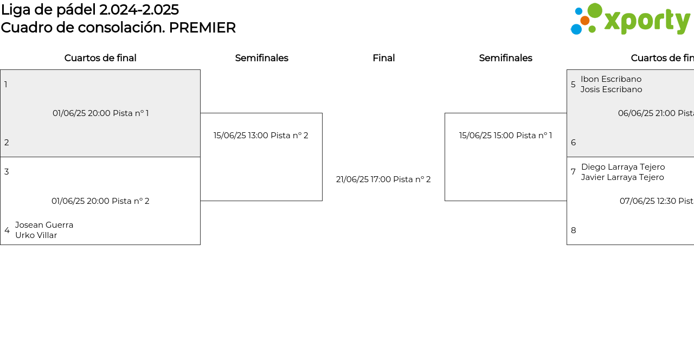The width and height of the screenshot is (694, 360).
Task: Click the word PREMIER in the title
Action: [x=202, y=28]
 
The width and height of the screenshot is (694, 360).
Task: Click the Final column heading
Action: [x=383, y=58]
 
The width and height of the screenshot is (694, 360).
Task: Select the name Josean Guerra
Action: [x=44, y=224]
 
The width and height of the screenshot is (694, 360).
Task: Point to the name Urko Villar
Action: [x=36, y=235]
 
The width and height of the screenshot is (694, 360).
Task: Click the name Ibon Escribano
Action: [x=611, y=79]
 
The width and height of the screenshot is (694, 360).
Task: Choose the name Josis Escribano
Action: [x=611, y=89]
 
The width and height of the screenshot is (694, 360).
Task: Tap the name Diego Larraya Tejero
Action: [x=623, y=167]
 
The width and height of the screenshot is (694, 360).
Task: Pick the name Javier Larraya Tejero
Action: [x=622, y=177]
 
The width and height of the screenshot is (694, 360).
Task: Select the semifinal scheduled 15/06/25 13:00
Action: [x=241, y=136]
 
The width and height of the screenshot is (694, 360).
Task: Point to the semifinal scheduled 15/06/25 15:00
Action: [x=486, y=136]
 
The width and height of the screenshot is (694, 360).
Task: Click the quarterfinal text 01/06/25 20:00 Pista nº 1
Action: [x=101, y=113]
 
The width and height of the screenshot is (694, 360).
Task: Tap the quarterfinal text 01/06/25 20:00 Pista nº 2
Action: [x=100, y=201]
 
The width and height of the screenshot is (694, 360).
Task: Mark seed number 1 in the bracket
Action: [x=6, y=84]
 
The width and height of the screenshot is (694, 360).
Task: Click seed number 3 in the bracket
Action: [x=7, y=172]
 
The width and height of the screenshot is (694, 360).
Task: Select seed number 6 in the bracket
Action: [x=574, y=143]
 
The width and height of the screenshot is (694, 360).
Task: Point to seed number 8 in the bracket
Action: [x=574, y=230]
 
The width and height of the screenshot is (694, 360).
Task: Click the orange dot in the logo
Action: [x=585, y=21]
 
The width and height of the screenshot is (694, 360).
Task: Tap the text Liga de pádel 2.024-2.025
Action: [x=90, y=10]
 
